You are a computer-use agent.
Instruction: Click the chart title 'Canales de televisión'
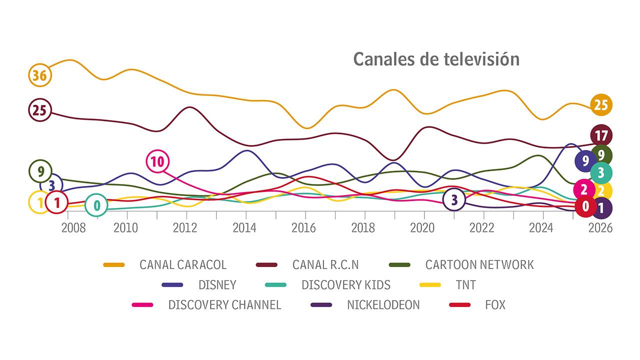[x=436, y=59]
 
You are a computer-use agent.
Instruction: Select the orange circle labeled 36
[x=39, y=75]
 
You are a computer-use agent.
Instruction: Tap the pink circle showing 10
[x=157, y=161]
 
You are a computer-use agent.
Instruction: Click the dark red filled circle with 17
[x=601, y=135]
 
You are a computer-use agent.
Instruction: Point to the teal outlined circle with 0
[x=96, y=205]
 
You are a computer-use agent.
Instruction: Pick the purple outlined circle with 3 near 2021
[x=454, y=200]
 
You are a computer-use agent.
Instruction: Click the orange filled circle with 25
[x=600, y=104]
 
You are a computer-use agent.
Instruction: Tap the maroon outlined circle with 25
[x=39, y=110]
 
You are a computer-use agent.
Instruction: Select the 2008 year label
[x=73, y=228]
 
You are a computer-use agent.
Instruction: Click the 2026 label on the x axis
[x=600, y=228]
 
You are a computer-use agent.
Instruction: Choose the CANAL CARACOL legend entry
[x=183, y=264]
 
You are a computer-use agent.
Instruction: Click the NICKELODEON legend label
[x=383, y=304]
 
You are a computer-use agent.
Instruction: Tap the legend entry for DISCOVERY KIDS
[x=345, y=285]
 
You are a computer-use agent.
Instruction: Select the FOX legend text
[x=495, y=304]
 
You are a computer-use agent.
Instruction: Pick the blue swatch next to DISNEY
[x=172, y=285]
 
